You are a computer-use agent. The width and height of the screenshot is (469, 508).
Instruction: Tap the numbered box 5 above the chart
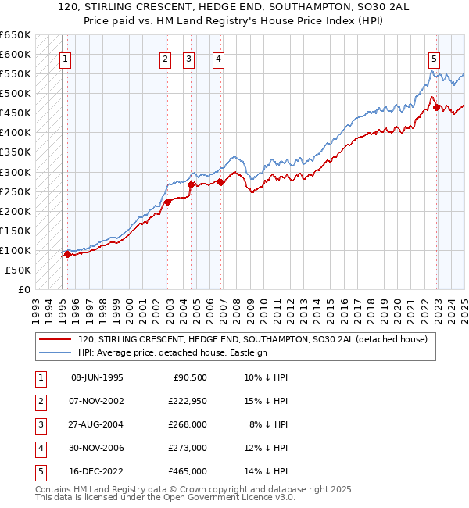click(x=434, y=57)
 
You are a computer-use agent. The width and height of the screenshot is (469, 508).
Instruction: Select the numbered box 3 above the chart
click(x=189, y=57)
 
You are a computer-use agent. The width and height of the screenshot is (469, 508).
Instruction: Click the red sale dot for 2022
click(x=437, y=108)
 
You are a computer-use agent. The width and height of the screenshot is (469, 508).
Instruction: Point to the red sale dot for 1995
click(x=68, y=253)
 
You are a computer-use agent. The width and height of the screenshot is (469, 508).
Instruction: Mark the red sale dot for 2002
click(x=168, y=202)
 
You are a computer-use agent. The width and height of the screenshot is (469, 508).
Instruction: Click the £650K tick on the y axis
click(x=16, y=35)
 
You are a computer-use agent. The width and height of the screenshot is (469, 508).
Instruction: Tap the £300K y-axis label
click(x=16, y=172)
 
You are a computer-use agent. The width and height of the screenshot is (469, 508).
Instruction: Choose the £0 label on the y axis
click(x=23, y=289)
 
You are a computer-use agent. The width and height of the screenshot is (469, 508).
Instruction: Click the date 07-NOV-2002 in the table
click(x=97, y=401)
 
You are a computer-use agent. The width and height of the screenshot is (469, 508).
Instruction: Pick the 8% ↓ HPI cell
click(x=268, y=424)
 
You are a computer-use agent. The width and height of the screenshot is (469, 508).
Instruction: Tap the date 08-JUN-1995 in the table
click(x=97, y=377)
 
